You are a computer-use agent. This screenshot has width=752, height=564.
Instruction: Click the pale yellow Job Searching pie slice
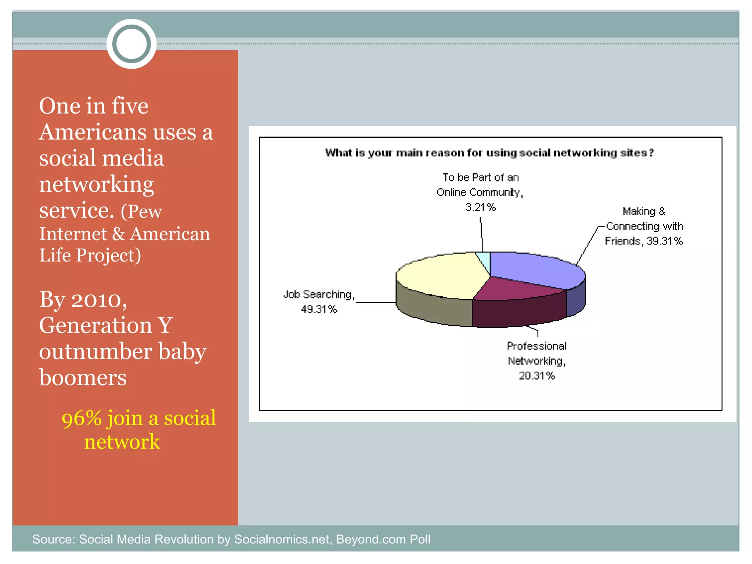(441, 275)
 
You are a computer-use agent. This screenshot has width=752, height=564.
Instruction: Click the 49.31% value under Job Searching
(319, 310)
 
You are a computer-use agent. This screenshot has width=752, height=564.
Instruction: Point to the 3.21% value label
(480, 207)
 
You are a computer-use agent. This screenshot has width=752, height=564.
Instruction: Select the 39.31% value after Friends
(665, 241)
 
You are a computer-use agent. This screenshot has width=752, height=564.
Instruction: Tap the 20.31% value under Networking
(536, 376)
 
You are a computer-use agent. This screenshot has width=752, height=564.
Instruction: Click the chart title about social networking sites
(489, 153)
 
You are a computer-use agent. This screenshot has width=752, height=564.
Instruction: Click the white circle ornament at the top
(131, 44)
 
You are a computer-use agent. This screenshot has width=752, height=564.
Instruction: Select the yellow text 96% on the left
(81, 419)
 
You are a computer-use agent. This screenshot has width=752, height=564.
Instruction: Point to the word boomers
(83, 377)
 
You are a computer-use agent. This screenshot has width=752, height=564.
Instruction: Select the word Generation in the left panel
(95, 325)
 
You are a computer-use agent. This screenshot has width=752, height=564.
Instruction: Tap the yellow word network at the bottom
(122, 442)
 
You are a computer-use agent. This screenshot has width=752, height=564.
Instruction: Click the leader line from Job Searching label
(376, 303)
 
